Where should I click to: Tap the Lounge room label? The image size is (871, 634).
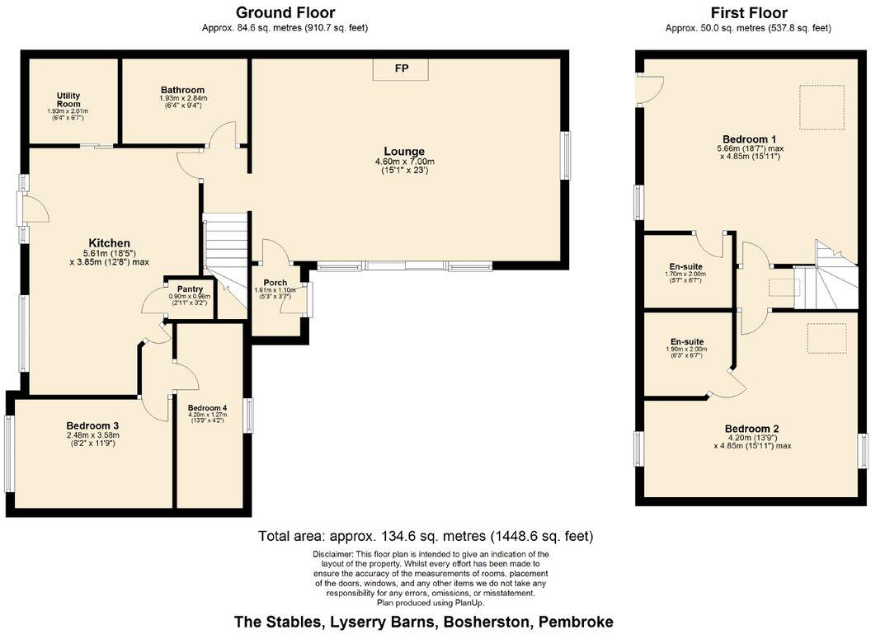pos(404,152)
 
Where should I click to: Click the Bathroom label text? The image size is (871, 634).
pos(182,90)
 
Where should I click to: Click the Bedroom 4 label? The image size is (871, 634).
pos(207,408)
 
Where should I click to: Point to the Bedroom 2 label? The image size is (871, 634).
pos(751,429)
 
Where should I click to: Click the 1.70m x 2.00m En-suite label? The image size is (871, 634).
pos(686,266)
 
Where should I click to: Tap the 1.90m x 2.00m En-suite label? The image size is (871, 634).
pos(686,340)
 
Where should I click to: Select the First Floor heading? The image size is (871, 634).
pos(748,12)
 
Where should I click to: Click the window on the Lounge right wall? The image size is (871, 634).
pos(567,155)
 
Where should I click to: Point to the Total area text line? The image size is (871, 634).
pos(426,536)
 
